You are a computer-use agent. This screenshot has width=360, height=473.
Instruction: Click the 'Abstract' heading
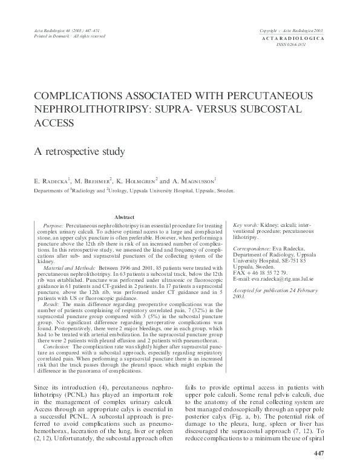tap(125, 217)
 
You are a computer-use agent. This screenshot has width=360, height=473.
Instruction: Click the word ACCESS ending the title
tap(55, 123)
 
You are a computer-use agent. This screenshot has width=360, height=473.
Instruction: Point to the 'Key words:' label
tap(246, 224)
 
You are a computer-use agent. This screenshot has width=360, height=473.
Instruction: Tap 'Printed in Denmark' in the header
tap(50, 36)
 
